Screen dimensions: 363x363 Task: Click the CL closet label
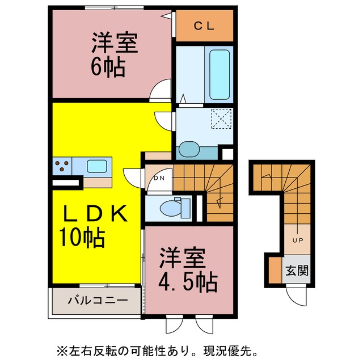204,26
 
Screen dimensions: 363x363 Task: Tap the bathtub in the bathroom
220,74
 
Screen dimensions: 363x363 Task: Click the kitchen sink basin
97,166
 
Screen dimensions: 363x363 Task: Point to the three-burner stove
62,166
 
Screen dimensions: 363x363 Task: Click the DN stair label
159,178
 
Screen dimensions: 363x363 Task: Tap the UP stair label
298,240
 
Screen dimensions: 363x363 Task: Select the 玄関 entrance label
297,270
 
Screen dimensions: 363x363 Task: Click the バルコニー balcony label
98,300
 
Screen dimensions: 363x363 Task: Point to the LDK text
95,213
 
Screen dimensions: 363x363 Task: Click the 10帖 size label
82,237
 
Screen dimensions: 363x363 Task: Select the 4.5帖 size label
188,282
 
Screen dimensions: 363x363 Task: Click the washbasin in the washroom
189,149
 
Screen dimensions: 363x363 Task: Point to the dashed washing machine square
222,119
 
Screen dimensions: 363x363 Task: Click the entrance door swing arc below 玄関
297,298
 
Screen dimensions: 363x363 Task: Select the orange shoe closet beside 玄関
275,270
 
